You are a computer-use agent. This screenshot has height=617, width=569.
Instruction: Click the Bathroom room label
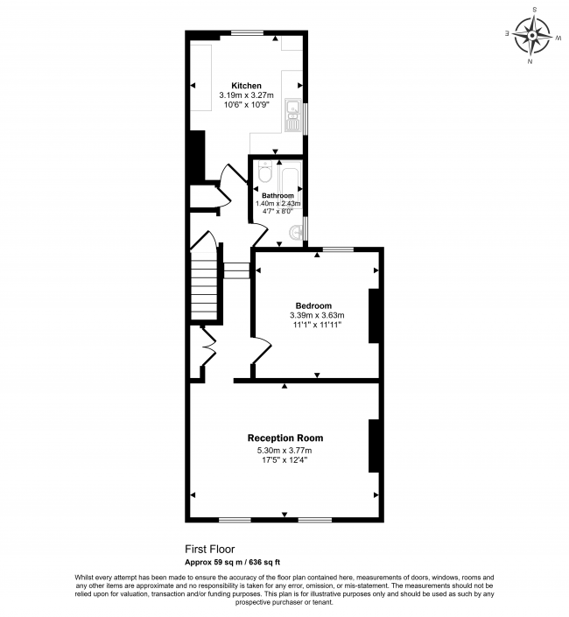coord(277,195)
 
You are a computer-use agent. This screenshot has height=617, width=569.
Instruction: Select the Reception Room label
coord(284,438)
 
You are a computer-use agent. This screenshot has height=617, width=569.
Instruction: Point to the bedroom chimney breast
coord(374,315)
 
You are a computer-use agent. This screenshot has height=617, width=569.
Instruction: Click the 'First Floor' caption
coord(210,550)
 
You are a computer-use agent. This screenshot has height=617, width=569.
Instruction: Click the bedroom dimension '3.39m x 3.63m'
coord(317,315)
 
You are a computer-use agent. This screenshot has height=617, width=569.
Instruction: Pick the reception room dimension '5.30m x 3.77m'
coord(284,451)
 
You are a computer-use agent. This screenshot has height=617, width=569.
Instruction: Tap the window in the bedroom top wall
coord(338,249)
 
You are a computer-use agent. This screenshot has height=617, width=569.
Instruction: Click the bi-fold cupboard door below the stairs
coord(208,350)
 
